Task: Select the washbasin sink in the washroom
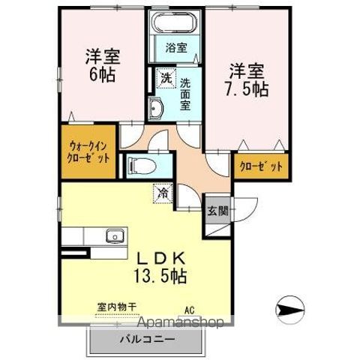click(x=156, y=110)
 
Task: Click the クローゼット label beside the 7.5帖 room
click(x=262, y=166)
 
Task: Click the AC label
click(x=189, y=307)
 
